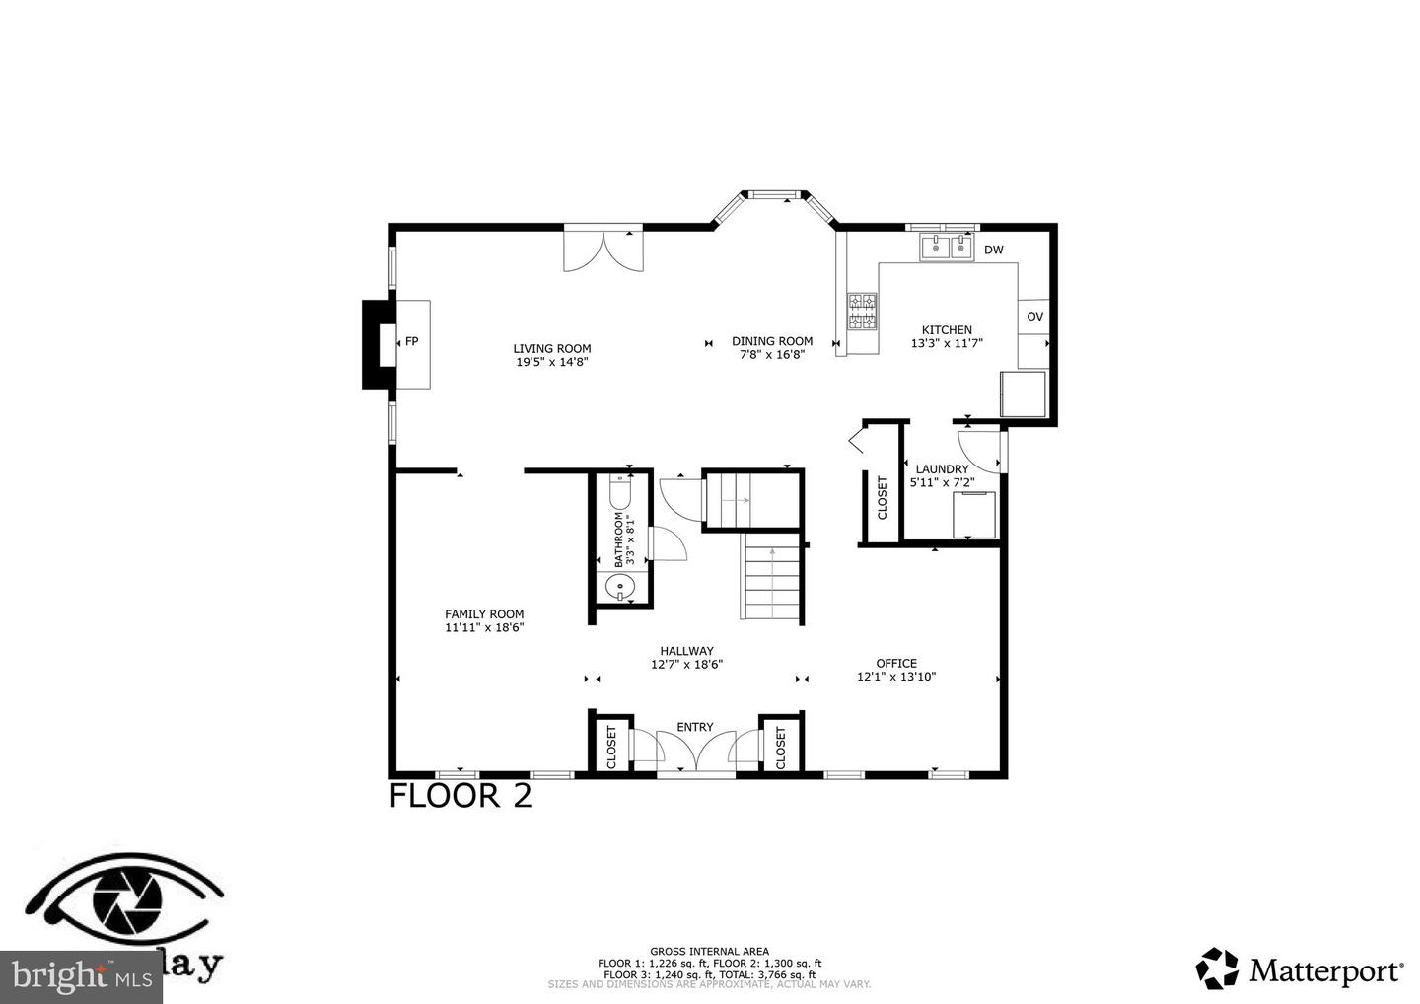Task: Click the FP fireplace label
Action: point(411,341)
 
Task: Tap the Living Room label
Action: point(551,348)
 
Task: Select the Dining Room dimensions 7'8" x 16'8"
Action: point(772,355)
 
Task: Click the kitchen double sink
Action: point(947,248)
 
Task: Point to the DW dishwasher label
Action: point(993,250)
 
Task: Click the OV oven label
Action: point(1034,317)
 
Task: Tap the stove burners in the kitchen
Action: point(863,312)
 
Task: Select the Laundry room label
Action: point(942,469)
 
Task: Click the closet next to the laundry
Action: point(882,497)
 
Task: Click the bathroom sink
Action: point(620,587)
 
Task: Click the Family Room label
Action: point(484,613)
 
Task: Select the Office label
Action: point(895,663)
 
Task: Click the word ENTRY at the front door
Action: point(694,727)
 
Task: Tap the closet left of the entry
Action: point(610,748)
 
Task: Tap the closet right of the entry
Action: point(780,748)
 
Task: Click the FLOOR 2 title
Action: point(461,795)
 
